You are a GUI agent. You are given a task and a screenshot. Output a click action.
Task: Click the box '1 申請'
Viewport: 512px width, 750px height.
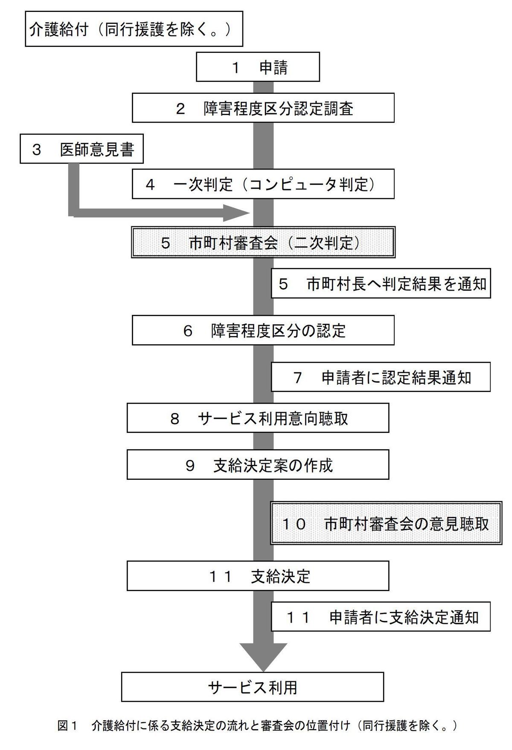tap(258, 66)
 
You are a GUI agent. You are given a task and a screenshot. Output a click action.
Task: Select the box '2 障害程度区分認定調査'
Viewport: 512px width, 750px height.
tap(263, 108)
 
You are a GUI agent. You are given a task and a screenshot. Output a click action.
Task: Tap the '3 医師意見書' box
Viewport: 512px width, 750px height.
tap(81, 149)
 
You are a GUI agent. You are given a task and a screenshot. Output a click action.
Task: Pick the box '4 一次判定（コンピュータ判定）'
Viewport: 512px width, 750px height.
tap(263, 184)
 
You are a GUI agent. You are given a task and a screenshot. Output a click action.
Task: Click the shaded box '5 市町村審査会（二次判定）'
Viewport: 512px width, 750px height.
tap(263, 242)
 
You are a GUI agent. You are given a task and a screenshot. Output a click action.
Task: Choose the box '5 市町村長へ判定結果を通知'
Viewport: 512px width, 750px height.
tap(381, 283)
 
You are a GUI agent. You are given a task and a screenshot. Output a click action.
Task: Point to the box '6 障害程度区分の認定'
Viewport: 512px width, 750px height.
tap(263, 330)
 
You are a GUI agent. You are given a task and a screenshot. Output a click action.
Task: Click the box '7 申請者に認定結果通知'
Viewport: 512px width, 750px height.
tap(381, 377)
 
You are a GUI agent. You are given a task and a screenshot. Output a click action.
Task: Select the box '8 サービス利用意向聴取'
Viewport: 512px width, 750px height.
tap(258, 418)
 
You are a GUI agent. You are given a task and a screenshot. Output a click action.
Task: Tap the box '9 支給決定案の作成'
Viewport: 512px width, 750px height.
tap(258, 464)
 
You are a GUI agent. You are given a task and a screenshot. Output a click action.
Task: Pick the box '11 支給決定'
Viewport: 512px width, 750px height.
tap(258, 576)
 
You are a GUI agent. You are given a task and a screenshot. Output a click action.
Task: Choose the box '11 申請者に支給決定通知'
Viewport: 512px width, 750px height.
tap(381, 617)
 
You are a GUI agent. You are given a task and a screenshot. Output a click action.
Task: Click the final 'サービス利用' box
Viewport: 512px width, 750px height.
tap(253, 687)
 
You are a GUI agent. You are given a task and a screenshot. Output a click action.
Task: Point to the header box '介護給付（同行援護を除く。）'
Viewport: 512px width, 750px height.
tap(134, 29)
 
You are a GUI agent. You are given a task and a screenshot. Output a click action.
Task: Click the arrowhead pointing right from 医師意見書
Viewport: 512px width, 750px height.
tap(236, 213)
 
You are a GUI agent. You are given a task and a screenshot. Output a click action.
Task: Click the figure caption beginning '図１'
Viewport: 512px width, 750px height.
tap(257, 726)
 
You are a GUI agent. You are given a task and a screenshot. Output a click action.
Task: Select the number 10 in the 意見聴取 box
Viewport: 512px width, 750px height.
tap(294, 524)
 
